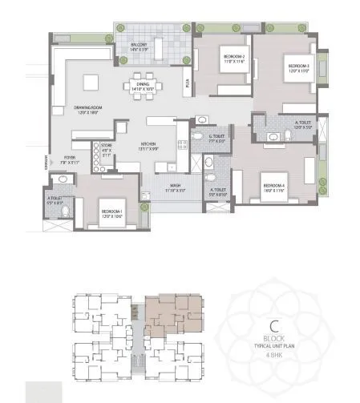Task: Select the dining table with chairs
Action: point(142,83)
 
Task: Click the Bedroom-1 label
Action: point(111,214)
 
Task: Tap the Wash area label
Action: point(175,189)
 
